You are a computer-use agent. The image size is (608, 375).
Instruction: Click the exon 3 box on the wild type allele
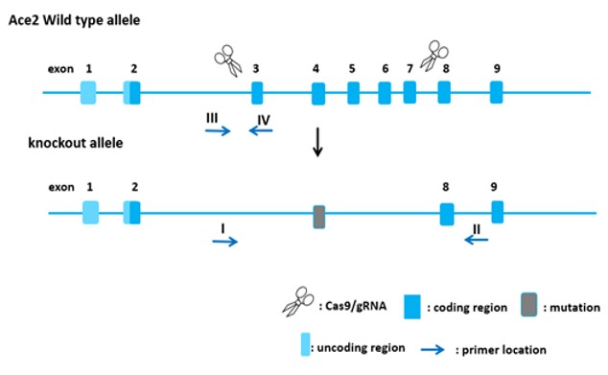[257, 93]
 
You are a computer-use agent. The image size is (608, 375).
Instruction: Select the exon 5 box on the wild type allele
[353, 93]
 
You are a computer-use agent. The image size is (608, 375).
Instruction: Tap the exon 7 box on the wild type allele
[409, 92]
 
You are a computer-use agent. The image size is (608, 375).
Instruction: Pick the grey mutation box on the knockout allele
[319, 217]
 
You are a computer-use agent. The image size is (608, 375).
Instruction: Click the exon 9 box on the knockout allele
[498, 212]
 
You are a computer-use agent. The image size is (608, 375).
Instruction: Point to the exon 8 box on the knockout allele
[447, 214]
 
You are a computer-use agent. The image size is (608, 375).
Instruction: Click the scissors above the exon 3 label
[228, 60]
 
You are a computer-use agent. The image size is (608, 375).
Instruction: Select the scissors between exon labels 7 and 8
[434, 56]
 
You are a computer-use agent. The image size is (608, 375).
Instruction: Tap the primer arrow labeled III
[218, 131]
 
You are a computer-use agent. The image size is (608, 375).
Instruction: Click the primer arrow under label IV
[261, 130]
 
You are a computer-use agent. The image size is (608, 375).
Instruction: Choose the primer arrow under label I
[225, 242]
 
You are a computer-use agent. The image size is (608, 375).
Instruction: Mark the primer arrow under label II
[477, 241]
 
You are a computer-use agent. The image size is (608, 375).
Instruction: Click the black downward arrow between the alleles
[318, 142]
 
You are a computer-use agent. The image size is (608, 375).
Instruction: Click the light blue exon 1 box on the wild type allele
[88, 93]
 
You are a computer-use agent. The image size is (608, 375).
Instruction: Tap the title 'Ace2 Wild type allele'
[75, 20]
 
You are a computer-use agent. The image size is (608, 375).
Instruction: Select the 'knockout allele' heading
[76, 143]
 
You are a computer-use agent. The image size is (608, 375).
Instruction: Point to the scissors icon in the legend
[298, 302]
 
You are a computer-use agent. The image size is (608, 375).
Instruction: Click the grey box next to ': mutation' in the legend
[529, 305]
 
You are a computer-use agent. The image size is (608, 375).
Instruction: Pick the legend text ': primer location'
[501, 350]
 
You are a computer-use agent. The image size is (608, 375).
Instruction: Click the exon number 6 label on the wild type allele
[386, 69]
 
